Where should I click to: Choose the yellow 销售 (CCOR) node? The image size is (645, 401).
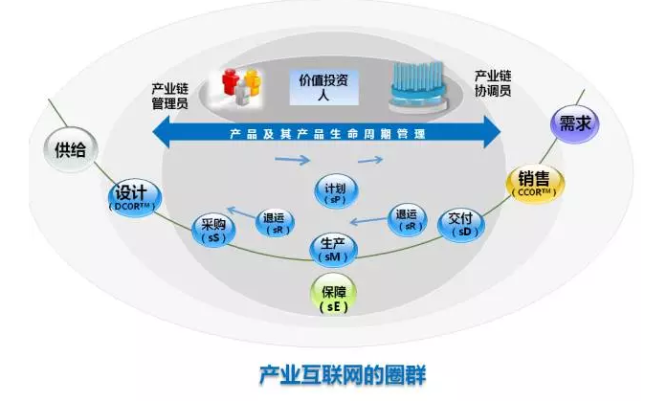click(535, 182)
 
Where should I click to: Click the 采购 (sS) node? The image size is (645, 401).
click(212, 231)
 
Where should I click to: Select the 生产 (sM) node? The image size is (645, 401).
click(332, 250)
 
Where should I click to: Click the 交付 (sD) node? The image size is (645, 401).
click(459, 224)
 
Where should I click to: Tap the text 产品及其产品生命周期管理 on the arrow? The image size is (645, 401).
click(325, 133)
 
